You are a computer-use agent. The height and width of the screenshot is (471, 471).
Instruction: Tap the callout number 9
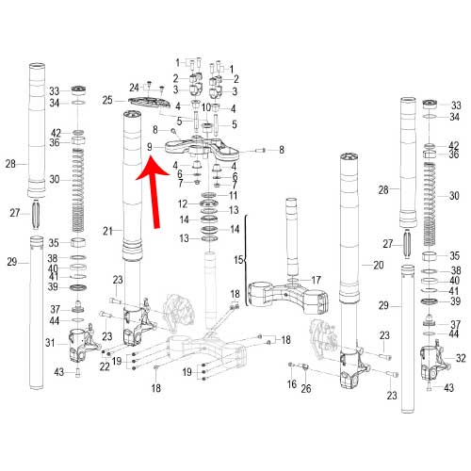tap(150, 147)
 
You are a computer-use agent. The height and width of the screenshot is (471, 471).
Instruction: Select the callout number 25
tap(107, 100)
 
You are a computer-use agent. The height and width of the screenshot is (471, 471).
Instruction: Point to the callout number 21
tap(107, 231)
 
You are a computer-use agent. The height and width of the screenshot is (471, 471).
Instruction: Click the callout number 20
tap(379, 266)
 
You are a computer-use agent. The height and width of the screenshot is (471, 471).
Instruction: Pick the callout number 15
tap(238, 260)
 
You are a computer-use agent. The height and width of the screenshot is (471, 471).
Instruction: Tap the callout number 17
tap(316, 280)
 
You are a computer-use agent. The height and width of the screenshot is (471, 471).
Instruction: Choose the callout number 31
tap(50, 343)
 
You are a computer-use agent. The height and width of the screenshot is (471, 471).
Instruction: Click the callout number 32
tap(461, 358)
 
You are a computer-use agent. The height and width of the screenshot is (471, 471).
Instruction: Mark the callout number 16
tap(292, 383)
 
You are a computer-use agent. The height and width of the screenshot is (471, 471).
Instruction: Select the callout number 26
tap(306, 389)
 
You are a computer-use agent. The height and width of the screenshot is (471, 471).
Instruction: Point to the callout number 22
tap(105, 366)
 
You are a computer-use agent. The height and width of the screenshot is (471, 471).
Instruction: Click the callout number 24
tap(134, 88)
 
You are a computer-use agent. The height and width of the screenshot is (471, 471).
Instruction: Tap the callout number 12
tap(183, 204)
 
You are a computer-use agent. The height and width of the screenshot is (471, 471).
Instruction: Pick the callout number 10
tap(206, 107)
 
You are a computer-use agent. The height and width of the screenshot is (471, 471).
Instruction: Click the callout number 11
tap(233, 195)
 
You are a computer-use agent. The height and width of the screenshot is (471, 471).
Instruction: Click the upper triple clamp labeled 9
tap(202, 149)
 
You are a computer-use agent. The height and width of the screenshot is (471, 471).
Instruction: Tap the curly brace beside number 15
tap(246, 260)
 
